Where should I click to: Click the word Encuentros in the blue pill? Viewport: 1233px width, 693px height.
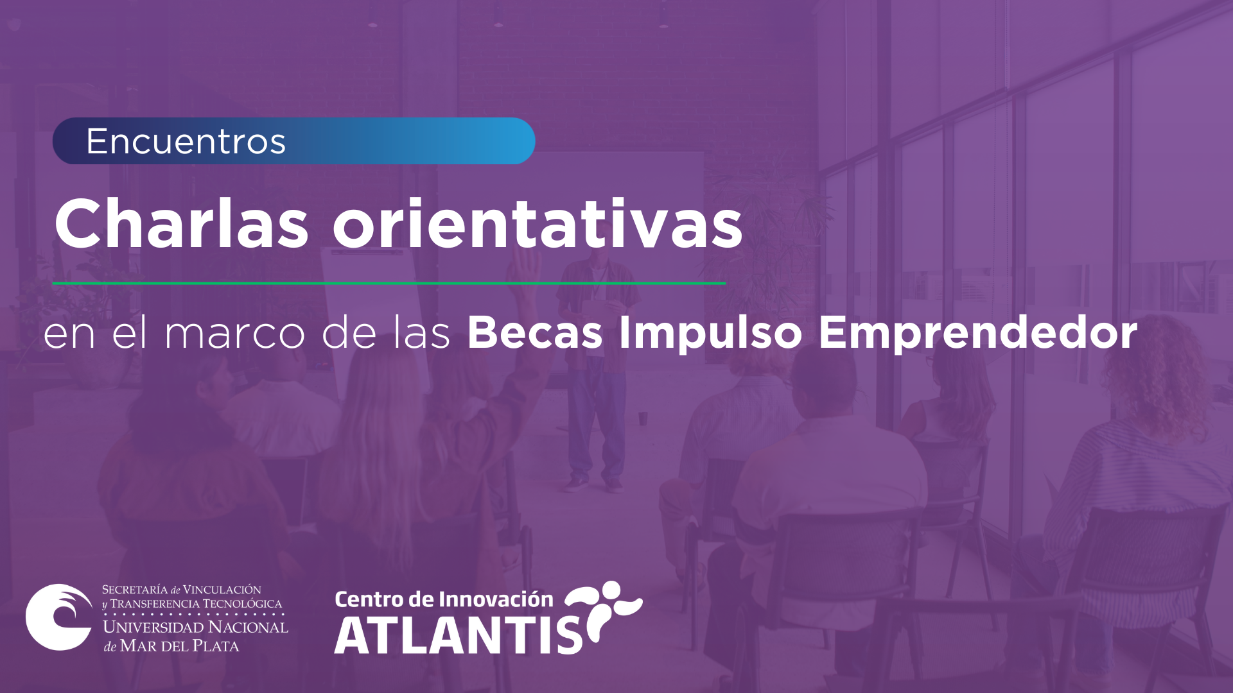pos(186,141)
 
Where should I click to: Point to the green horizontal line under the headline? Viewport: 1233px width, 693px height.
pos(389,283)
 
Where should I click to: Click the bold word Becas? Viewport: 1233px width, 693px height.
pos(535,333)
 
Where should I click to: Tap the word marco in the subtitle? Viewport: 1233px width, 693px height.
pos(234,335)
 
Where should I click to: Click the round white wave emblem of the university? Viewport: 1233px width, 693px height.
pos(60,617)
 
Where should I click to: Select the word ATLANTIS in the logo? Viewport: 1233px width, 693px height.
pos(459,635)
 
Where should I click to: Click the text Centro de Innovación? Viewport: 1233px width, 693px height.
pos(444,599)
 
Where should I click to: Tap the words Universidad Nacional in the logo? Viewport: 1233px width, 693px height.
pos(195,627)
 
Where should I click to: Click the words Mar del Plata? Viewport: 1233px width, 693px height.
pos(180,646)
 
